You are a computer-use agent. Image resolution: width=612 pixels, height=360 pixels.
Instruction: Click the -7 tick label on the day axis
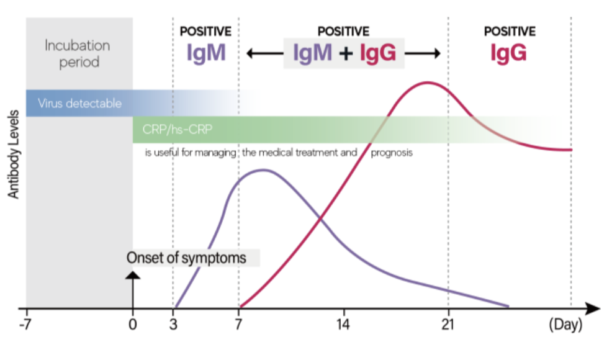(25, 323)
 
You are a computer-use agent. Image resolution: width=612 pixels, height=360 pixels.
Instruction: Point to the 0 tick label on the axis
(132, 323)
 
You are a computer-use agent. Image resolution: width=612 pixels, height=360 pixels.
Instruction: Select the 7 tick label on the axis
(238, 323)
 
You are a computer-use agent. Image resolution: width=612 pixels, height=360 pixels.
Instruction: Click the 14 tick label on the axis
(343, 323)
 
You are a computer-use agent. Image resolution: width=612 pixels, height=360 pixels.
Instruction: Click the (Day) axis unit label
(565, 325)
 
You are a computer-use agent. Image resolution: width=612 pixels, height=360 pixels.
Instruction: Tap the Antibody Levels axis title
(13, 155)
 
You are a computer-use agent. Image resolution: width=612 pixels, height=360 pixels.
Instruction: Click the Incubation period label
(77, 54)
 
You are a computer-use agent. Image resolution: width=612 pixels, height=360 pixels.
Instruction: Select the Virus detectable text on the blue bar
(79, 103)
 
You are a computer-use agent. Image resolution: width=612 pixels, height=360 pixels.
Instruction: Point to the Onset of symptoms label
(186, 258)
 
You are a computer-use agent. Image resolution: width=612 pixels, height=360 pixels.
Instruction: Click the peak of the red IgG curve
(426, 82)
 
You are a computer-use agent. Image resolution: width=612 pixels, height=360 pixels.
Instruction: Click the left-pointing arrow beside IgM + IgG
(260, 53)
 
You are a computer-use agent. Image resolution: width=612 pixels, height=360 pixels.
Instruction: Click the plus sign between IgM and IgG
(346, 54)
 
